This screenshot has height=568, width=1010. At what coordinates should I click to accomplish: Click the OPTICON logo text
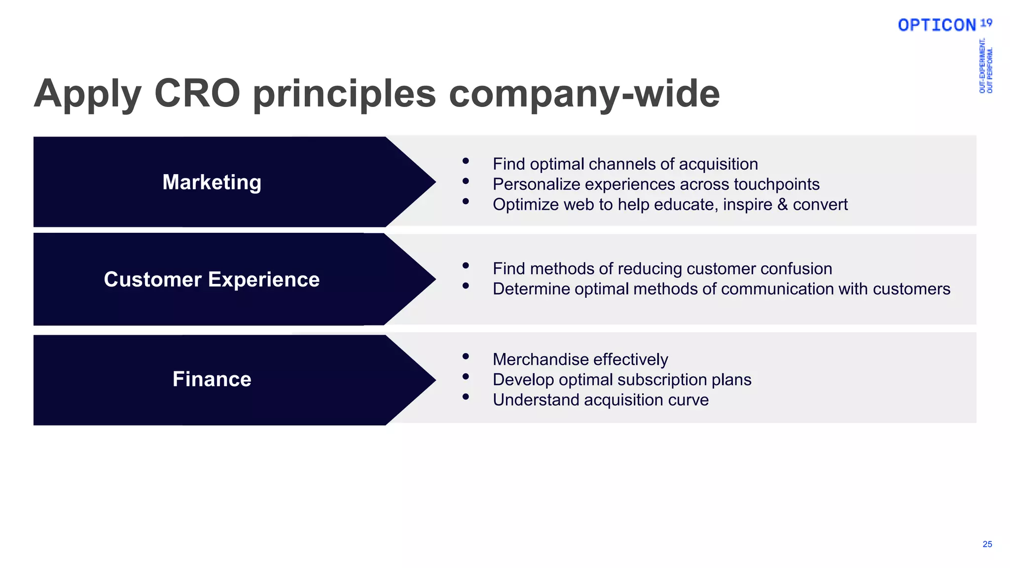[x=937, y=25]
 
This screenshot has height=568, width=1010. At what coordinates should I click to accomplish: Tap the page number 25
[x=987, y=544]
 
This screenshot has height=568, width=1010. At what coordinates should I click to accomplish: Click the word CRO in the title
[x=197, y=93]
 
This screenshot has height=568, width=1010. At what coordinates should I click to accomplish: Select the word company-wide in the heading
[x=584, y=94]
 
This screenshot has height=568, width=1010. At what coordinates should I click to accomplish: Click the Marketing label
[x=212, y=182]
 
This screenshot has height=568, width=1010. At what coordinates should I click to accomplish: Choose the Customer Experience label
[x=212, y=280]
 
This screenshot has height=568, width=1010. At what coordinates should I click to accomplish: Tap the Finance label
[x=212, y=379]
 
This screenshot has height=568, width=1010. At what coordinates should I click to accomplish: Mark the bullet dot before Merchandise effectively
[x=466, y=356]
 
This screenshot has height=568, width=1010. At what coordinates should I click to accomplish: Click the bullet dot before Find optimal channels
[x=466, y=161]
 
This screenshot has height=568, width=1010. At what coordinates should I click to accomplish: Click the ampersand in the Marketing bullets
[x=782, y=205]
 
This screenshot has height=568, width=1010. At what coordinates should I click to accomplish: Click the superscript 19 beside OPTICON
[x=986, y=23]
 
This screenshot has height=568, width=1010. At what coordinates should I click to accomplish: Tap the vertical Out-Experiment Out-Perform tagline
[x=985, y=66]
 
